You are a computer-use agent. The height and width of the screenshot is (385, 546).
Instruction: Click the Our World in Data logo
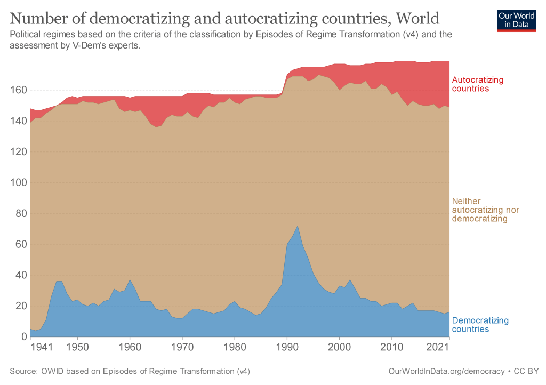(517, 20)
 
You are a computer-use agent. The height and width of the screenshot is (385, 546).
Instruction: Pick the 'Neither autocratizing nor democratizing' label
(485, 210)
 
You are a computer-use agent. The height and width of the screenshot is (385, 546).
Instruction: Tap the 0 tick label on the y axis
(23, 337)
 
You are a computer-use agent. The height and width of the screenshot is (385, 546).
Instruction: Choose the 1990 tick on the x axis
(287, 348)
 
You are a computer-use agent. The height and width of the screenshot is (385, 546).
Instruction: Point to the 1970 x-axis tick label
(182, 348)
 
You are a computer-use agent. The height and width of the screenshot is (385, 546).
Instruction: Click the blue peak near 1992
(298, 226)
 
